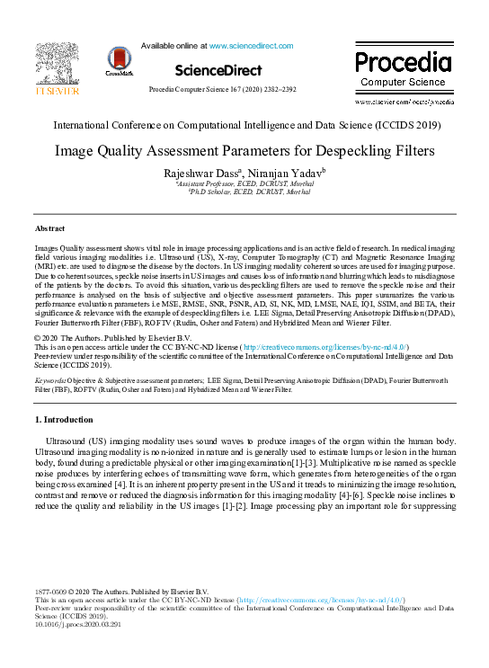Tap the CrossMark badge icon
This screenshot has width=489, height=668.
click(x=120, y=61)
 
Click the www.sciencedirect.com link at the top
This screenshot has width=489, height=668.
click(x=251, y=44)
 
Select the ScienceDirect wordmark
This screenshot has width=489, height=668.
click(x=218, y=70)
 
